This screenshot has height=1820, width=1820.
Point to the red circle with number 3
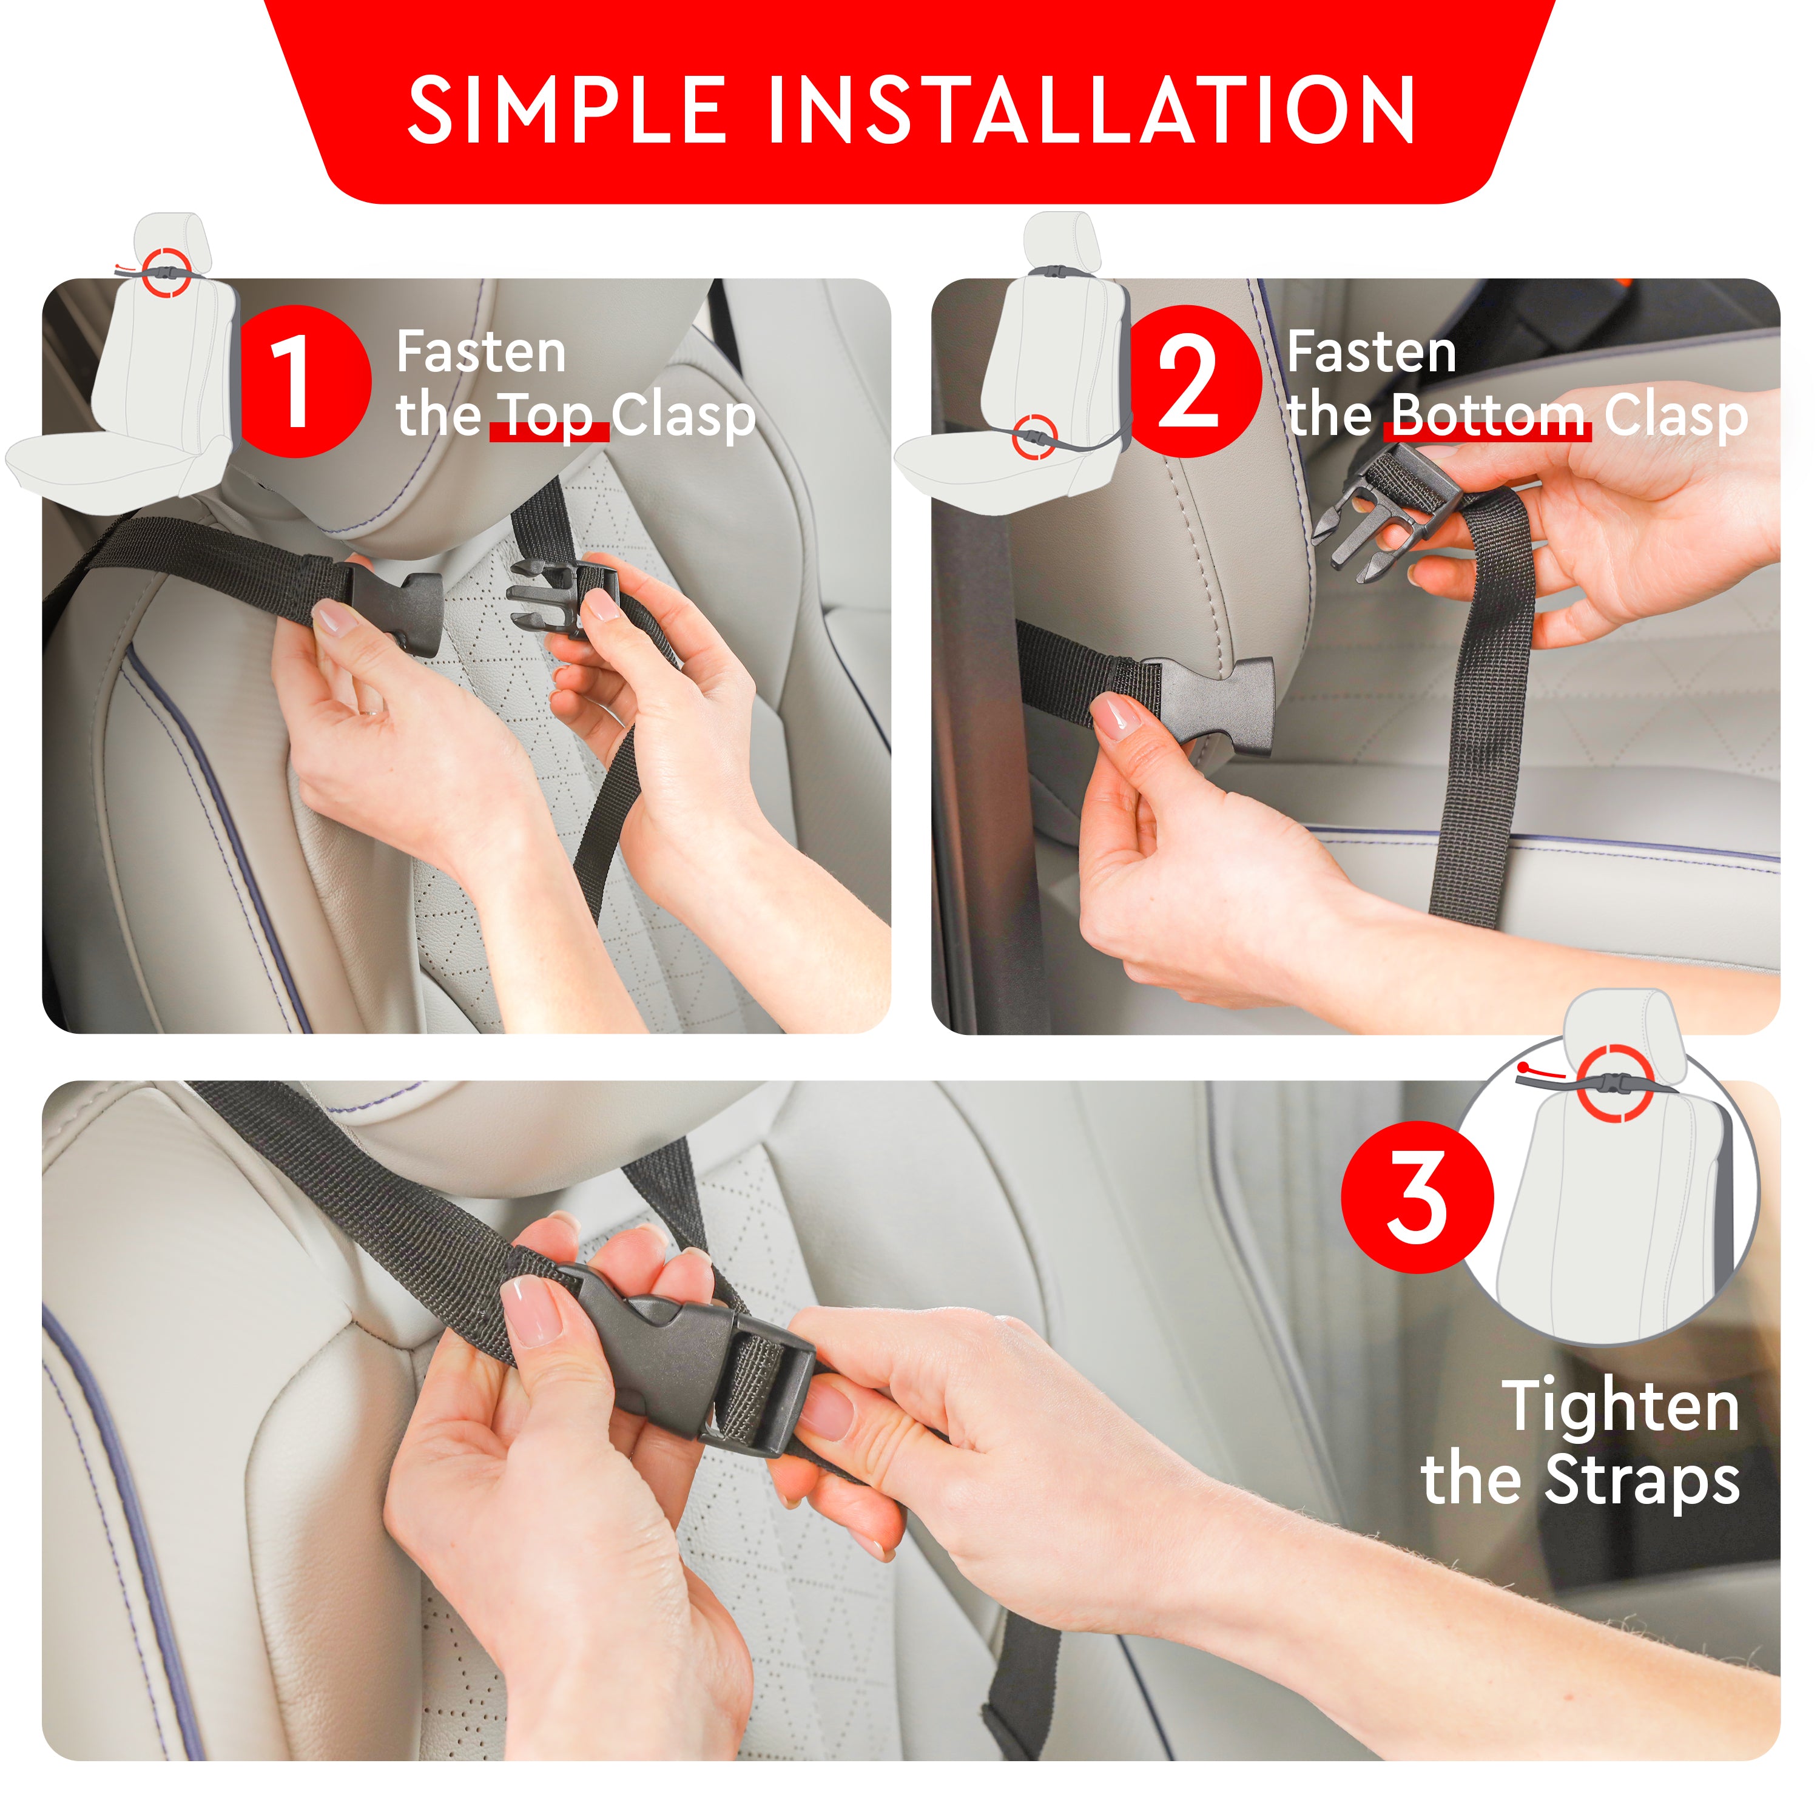[x=1418, y=1198]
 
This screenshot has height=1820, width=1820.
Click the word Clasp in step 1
[x=684, y=416]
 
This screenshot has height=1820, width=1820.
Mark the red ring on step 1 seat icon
[x=170, y=271]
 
